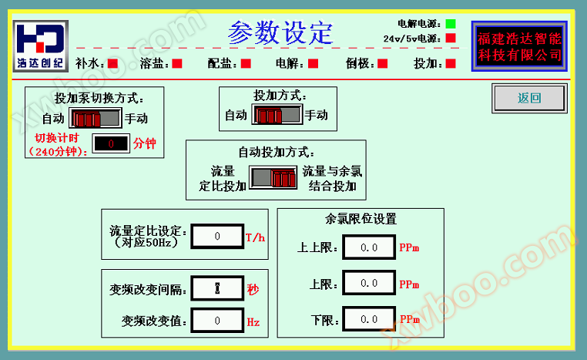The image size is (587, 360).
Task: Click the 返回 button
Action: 529,98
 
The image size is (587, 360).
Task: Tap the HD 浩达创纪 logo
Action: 40,45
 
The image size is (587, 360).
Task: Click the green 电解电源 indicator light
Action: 451,24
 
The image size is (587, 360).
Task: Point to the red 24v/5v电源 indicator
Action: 451,39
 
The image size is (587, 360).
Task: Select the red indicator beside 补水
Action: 112,64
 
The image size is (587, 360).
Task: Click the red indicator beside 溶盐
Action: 177,64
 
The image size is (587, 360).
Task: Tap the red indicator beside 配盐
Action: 246,64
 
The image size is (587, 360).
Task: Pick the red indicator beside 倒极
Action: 383,64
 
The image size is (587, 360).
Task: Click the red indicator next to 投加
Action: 451,64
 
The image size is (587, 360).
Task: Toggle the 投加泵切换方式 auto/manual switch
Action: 96,119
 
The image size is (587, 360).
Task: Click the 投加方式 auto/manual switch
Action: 277,115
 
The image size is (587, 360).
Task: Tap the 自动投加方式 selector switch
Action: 273,177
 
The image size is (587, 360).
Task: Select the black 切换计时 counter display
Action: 111,143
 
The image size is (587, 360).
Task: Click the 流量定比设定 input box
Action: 217,236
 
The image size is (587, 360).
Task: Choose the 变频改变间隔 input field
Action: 217,288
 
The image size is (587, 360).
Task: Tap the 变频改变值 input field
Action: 217,320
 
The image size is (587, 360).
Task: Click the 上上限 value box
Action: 369,247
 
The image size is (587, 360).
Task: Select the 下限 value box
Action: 369,319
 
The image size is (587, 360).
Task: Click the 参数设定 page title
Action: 280,32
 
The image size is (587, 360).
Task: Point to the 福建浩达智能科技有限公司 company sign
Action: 520,46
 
